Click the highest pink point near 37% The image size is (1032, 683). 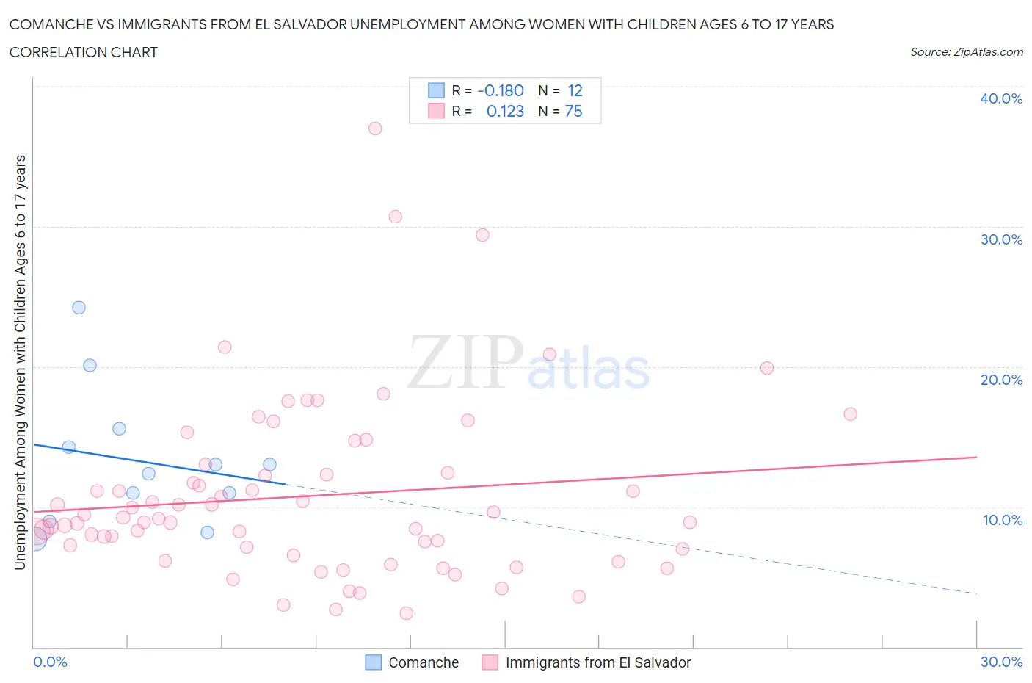[375, 129]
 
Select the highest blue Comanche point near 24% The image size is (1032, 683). [79, 308]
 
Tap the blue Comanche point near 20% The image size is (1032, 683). [90, 365]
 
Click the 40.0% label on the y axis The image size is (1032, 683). [1001, 98]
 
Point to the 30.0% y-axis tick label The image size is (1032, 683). [1001, 239]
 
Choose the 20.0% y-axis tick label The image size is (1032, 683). [1001, 380]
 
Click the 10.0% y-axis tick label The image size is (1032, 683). [1002, 520]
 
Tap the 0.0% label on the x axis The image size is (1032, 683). [50, 662]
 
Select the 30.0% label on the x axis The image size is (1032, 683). [1001, 662]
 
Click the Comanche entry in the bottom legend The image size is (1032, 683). [423, 662]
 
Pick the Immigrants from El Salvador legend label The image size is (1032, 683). [597, 662]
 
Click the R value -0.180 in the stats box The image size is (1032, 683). [501, 90]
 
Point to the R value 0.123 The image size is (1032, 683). [505, 111]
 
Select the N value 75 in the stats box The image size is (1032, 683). [573, 111]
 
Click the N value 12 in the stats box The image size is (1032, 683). [575, 90]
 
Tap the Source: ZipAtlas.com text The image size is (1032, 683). [966, 51]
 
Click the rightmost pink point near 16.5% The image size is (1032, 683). [850, 413]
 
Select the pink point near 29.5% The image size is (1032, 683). [482, 235]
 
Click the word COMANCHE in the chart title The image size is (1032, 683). [51, 24]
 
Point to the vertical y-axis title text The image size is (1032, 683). [21, 362]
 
